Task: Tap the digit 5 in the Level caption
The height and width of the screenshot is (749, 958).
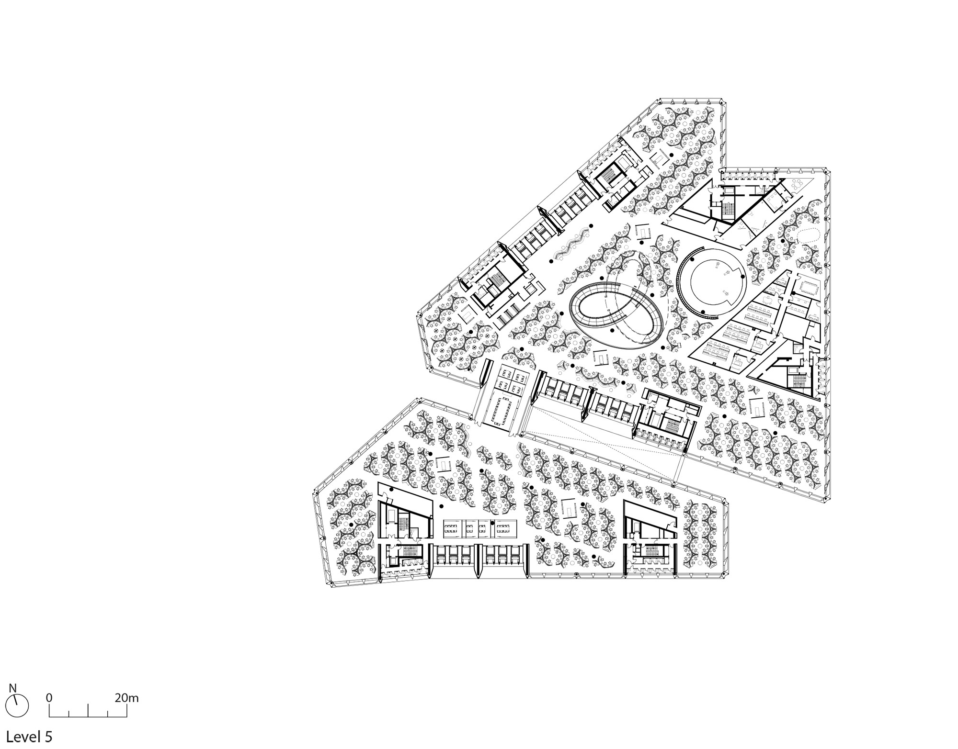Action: coord(48,737)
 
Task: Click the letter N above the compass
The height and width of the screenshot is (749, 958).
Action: coord(13,688)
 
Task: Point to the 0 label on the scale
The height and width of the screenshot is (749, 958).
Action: coord(49,697)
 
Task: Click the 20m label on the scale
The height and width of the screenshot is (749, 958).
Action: coord(126,697)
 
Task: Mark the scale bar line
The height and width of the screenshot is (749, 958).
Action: coord(88,716)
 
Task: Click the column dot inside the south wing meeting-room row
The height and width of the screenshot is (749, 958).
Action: coord(492,523)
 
